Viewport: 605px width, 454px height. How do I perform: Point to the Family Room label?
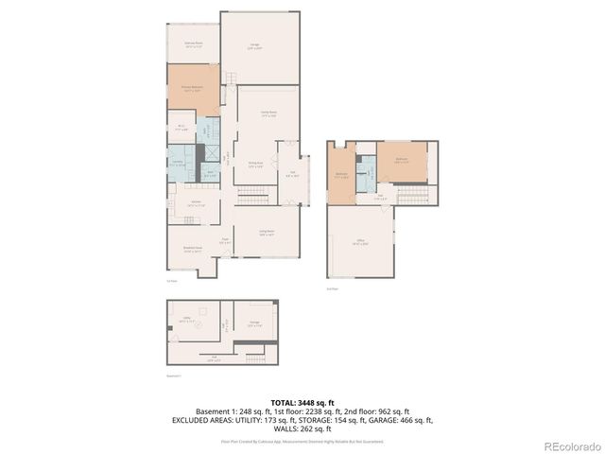tap(268, 113)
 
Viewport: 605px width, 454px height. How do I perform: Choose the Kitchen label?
tap(196, 203)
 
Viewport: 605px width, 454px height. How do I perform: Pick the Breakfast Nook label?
tap(193, 251)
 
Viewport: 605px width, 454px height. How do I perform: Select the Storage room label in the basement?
tap(253, 323)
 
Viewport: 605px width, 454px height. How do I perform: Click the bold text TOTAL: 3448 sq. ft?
tap(302, 402)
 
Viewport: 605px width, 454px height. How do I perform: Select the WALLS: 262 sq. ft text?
tap(302, 428)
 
